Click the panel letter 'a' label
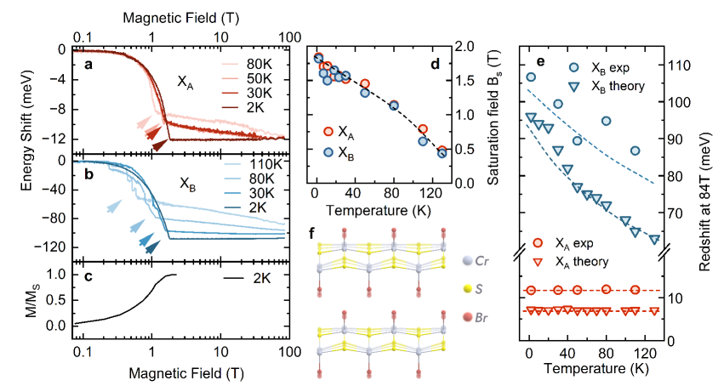coord(88,64)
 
